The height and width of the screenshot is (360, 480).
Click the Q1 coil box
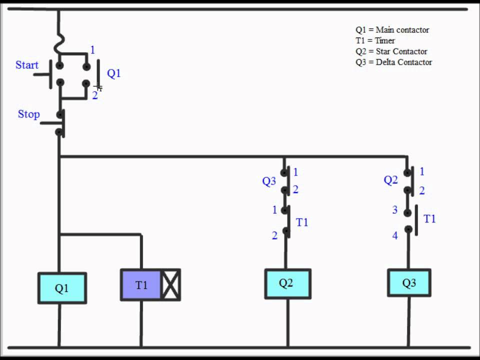click(x=62, y=288)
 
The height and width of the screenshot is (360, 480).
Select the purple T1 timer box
click(x=141, y=285)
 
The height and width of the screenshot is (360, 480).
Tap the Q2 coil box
click(x=287, y=283)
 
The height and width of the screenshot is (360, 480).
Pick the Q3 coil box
click(x=409, y=283)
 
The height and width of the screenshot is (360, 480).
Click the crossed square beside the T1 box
click(x=170, y=285)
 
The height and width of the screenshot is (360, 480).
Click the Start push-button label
click(x=27, y=65)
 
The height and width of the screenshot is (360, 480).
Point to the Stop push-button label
click(x=28, y=114)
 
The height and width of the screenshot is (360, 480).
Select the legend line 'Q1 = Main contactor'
click(x=392, y=30)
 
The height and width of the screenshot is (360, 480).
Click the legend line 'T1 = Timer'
click(x=375, y=40)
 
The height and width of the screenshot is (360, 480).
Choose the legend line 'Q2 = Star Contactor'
click(x=391, y=51)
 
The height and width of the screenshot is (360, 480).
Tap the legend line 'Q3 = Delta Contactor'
click(x=393, y=62)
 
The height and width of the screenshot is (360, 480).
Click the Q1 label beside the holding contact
click(x=114, y=73)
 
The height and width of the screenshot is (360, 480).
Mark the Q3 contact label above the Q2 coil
click(x=269, y=181)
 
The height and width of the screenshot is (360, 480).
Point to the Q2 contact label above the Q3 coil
click(x=391, y=180)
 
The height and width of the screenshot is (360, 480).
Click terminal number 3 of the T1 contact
click(x=395, y=210)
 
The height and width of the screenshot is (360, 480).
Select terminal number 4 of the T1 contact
click(x=395, y=235)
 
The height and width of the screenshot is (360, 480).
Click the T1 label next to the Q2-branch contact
click(x=302, y=222)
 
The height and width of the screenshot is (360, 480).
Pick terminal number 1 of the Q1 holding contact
click(x=92, y=50)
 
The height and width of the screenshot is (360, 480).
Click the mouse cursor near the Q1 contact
click(x=98, y=87)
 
